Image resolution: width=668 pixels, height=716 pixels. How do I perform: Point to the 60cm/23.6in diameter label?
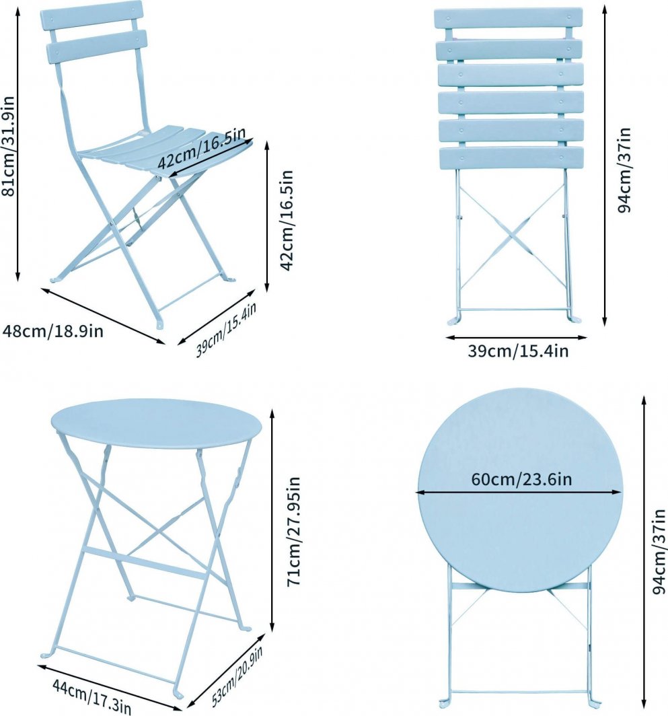click(x=521, y=480)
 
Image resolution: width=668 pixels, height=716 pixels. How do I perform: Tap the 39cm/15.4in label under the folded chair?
click(x=517, y=351)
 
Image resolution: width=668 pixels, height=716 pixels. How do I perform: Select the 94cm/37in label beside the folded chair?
click(x=625, y=169)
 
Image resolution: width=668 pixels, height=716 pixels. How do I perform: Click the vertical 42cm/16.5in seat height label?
click(x=287, y=219)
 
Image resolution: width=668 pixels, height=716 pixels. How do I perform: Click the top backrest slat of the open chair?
click(x=91, y=15)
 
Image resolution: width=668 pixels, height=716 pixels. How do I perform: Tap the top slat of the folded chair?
click(x=508, y=18)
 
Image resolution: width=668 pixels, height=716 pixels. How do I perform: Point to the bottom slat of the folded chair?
click(x=511, y=158)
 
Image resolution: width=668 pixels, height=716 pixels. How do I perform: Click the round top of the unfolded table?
click(x=155, y=423)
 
